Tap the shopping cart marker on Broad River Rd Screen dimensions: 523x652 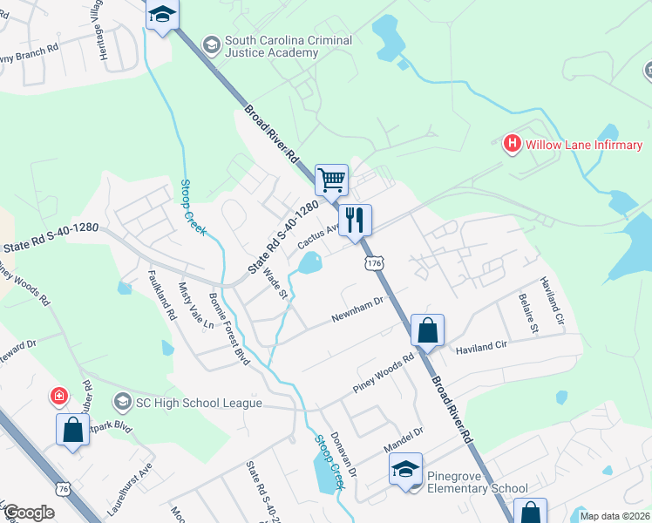tap(331, 180)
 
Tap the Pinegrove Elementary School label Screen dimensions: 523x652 tap(477, 482)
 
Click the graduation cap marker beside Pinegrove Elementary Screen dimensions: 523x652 tap(405, 469)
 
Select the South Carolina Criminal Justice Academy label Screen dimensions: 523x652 tap(288, 47)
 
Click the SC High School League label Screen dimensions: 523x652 tap(198, 403)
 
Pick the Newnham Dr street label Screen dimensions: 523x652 tap(357, 310)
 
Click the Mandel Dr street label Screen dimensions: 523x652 tap(404, 440)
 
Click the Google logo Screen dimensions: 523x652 tap(29, 512)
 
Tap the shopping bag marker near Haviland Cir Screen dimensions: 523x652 tap(427, 331)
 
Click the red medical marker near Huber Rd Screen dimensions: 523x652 tap(58, 397)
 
